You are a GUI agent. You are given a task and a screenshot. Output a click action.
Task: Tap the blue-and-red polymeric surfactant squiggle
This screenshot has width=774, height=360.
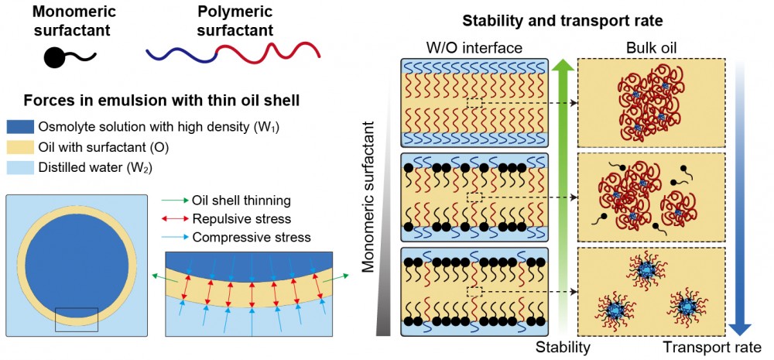click(x=232, y=53)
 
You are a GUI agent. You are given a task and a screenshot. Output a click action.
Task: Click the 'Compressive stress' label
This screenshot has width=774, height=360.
click(x=252, y=236)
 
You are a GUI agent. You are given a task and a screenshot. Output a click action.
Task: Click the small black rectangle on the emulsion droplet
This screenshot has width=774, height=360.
click(x=77, y=319)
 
